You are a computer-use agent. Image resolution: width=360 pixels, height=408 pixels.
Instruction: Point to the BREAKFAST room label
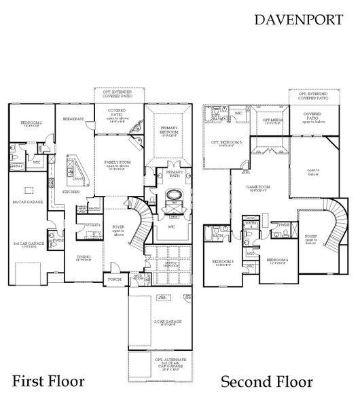(x=73, y=119)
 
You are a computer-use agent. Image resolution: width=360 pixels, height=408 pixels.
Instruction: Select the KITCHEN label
(x=72, y=192)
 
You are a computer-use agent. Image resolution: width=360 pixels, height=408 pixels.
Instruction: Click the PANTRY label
(x=94, y=208)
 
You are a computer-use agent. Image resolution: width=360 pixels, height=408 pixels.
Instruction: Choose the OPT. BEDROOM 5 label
(x=227, y=141)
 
